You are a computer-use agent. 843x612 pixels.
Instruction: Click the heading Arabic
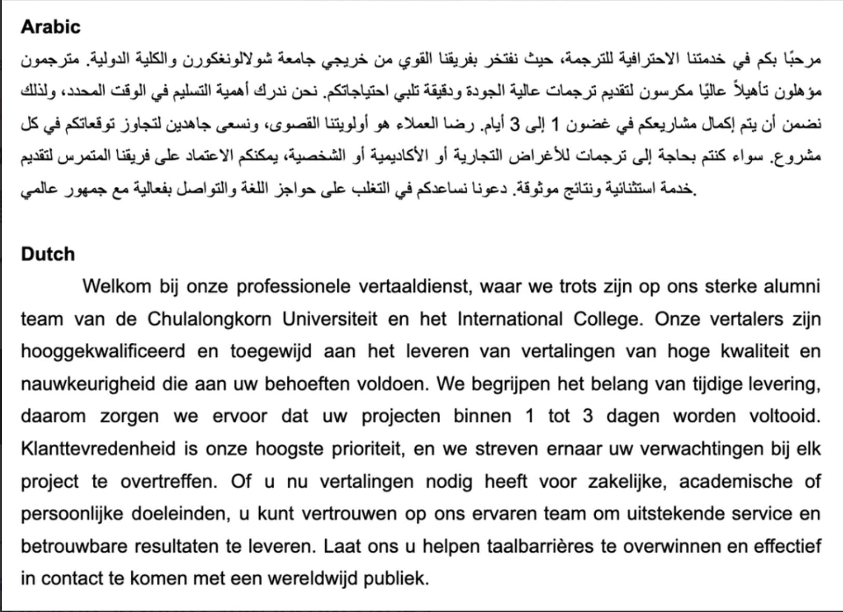tap(51, 27)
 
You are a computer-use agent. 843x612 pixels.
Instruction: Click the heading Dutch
tap(48, 254)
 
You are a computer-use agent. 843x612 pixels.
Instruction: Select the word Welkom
tap(116, 286)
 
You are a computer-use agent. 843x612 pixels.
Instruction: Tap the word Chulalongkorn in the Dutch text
tap(209, 319)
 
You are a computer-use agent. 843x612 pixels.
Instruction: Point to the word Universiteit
tap(330, 319)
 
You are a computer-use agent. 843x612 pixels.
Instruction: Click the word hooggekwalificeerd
tap(103, 352)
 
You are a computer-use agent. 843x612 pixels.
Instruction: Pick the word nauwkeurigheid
tap(88, 384)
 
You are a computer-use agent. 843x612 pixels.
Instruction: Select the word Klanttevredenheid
tap(98, 449)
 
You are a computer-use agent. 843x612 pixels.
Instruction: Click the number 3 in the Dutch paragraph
tap(587, 416)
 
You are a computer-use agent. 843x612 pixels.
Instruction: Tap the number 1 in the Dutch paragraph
tap(529, 416)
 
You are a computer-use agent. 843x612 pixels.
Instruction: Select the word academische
tap(735, 481)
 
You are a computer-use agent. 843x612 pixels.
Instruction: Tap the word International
tap(510, 319)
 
